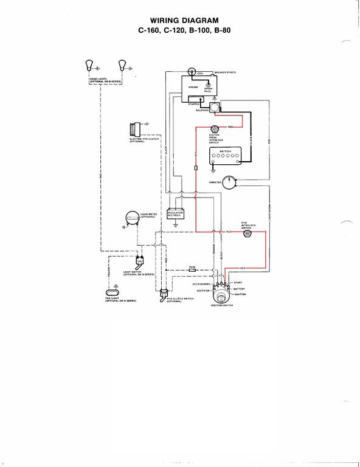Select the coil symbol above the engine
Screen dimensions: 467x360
pyautogui.click(x=192, y=72)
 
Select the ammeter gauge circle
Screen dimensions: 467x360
pyautogui.click(x=229, y=181)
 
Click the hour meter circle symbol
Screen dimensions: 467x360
pyautogui.click(x=130, y=217)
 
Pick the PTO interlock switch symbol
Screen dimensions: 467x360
pyautogui.click(x=247, y=233)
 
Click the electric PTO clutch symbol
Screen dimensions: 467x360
pyautogui.click(x=134, y=131)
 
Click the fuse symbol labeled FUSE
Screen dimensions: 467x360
pyautogui.click(x=192, y=269)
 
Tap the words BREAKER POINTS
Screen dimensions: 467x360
pyautogui.click(x=226, y=72)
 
